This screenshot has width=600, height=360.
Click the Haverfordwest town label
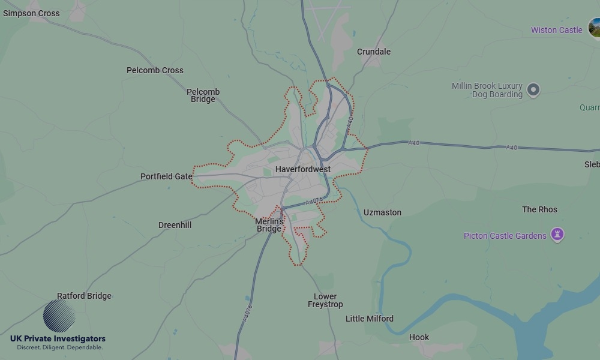tap(303, 170)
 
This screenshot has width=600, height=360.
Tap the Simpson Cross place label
tap(31, 13)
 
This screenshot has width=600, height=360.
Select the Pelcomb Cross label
tap(155, 70)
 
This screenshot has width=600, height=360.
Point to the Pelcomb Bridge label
tap(203, 95)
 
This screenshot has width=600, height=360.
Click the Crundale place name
tap(374, 52)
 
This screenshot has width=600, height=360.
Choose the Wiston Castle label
tap(556, 30)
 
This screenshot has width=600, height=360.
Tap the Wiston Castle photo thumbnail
tap(595, 28)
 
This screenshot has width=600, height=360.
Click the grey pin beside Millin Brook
tap(533, 91)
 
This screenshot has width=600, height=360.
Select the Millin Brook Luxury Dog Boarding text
tap(487, 90)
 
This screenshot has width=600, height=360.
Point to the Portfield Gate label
tap(166, 176)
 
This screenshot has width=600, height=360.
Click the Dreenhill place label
tap(175, 225)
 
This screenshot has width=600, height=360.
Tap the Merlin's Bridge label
tap(269, 225)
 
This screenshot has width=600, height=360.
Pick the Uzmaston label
tap(382, 212)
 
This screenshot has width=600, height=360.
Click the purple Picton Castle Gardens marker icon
tap(557, 235)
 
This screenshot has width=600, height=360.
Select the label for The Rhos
tap(539, 209)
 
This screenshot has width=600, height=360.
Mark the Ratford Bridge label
tap(84, 296)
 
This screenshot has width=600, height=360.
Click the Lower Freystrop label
tap(325, 301)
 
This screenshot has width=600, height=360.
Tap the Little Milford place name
tap(370, 319)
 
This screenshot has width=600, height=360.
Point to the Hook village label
tap(419, 337)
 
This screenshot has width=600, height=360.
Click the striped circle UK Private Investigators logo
tap(59, 316)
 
